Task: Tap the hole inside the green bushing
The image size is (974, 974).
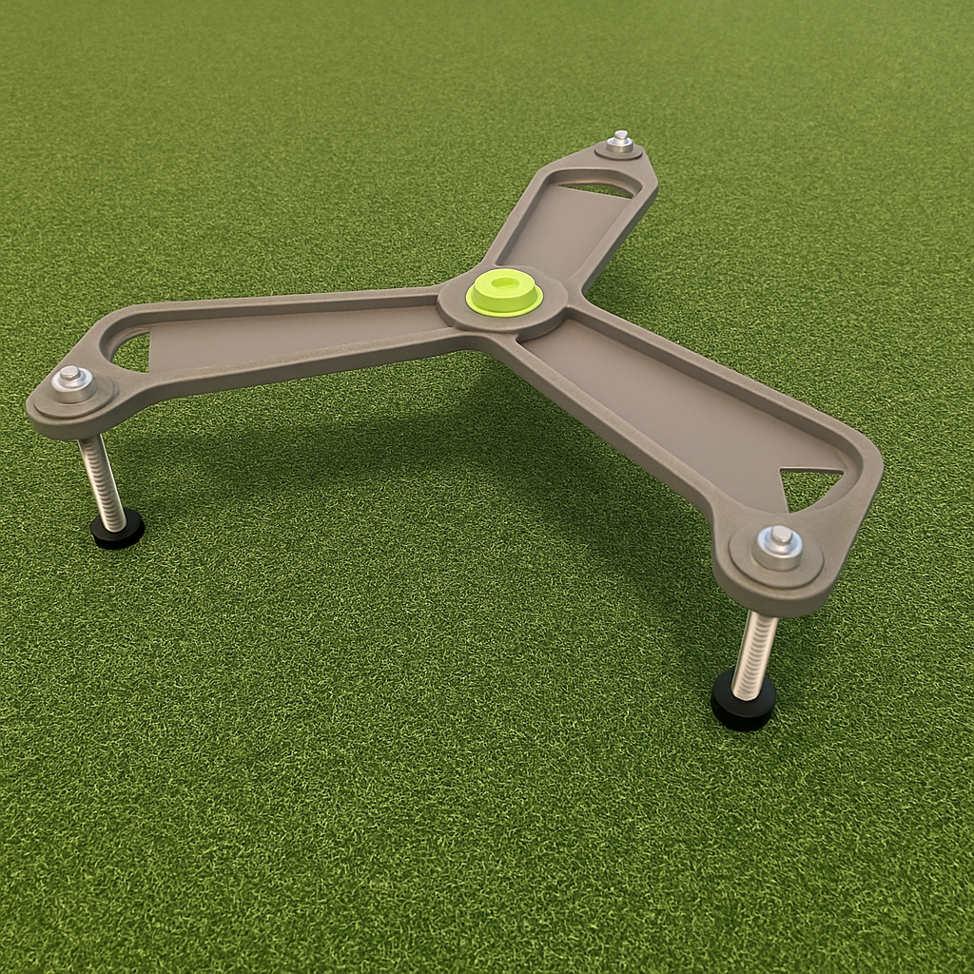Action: click(504, 282)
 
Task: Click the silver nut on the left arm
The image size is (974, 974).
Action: click(71, 378)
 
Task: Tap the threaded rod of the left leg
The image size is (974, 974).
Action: click(102, 480)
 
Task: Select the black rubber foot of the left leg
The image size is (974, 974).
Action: click(117, 529)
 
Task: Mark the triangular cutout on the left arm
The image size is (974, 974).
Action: click(133, 353)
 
